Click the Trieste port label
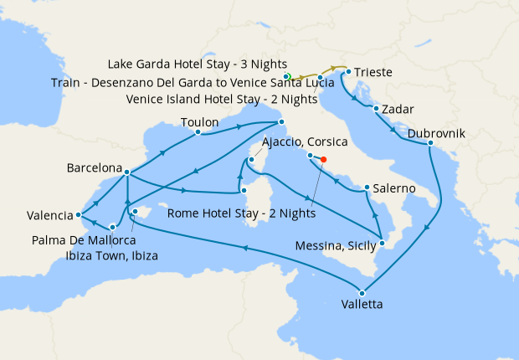click(373, 73)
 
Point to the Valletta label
click(362, 305)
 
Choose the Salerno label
click(394, 188)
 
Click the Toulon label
click(200, 122)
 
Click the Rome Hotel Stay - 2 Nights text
click(241, 213)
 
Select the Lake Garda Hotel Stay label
click(198, 64)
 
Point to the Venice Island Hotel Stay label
click(222, 98)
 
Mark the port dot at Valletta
click(362, 292)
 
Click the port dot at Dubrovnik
click(430, 144)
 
